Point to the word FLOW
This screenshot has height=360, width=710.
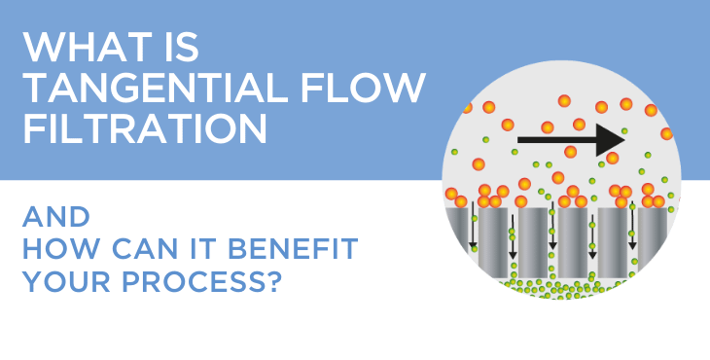373,89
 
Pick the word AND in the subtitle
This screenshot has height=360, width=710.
55,216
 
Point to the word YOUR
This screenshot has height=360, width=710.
63,283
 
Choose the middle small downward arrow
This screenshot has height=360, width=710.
552,231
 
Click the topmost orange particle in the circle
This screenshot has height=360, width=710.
564,100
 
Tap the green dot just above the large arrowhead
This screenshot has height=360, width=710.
624,129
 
